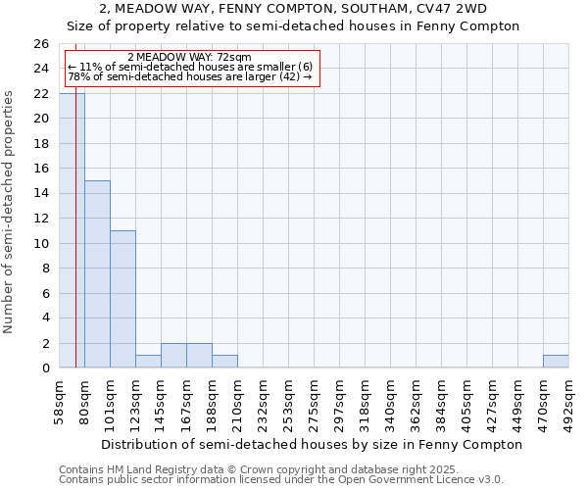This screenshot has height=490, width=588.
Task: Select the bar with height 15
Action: pyautogui.click(x=97, y=274)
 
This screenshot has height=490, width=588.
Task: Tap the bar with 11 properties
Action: pyautogui.click(x=122, y=299)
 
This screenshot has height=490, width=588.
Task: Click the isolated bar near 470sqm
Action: pyautogui.click(x=556, y=362)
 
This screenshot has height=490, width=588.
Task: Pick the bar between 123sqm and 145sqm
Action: pyautogui.click(x=148, y=362)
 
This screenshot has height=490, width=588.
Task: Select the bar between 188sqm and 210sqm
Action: pyautogui.click(x=224, y=362)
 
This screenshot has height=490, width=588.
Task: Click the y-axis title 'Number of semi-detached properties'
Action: pyautogui.click(x=9, y=211)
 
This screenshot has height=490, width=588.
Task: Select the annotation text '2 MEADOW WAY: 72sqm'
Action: pyautogui.click(x=189, y=58)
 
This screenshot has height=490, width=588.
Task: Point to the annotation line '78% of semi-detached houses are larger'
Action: pyautogui.click(x=189, y=76)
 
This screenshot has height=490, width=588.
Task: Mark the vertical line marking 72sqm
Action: pyautogui.click(x=75, y=245)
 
